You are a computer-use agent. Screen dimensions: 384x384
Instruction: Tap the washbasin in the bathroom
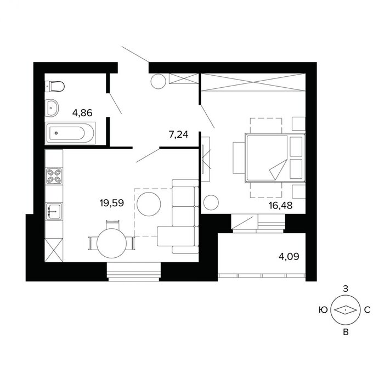52,108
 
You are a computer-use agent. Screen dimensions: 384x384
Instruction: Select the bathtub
70,133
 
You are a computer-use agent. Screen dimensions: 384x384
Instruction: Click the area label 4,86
82,113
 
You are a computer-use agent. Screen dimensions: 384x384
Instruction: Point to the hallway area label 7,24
178,134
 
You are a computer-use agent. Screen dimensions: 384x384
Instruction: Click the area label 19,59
112,203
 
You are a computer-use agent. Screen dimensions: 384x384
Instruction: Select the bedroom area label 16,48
280,206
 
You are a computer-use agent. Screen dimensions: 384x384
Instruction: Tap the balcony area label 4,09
289,256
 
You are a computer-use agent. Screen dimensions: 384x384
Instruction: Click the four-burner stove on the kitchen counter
54,176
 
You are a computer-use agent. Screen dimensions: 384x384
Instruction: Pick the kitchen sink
54,212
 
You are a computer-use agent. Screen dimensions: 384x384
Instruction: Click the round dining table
112,244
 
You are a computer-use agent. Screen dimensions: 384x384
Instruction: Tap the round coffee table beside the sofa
149,204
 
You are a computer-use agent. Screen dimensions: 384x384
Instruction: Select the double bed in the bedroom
275,158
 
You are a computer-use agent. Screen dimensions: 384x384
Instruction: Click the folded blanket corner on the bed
278,169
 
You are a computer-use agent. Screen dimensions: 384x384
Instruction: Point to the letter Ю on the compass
323,310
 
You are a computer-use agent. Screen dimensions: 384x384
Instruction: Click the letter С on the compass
367,310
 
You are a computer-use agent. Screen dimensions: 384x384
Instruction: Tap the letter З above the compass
345,289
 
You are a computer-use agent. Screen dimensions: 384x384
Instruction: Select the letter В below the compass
346,332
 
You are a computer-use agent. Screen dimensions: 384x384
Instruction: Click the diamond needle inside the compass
345,310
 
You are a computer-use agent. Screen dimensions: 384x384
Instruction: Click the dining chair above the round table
112,224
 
